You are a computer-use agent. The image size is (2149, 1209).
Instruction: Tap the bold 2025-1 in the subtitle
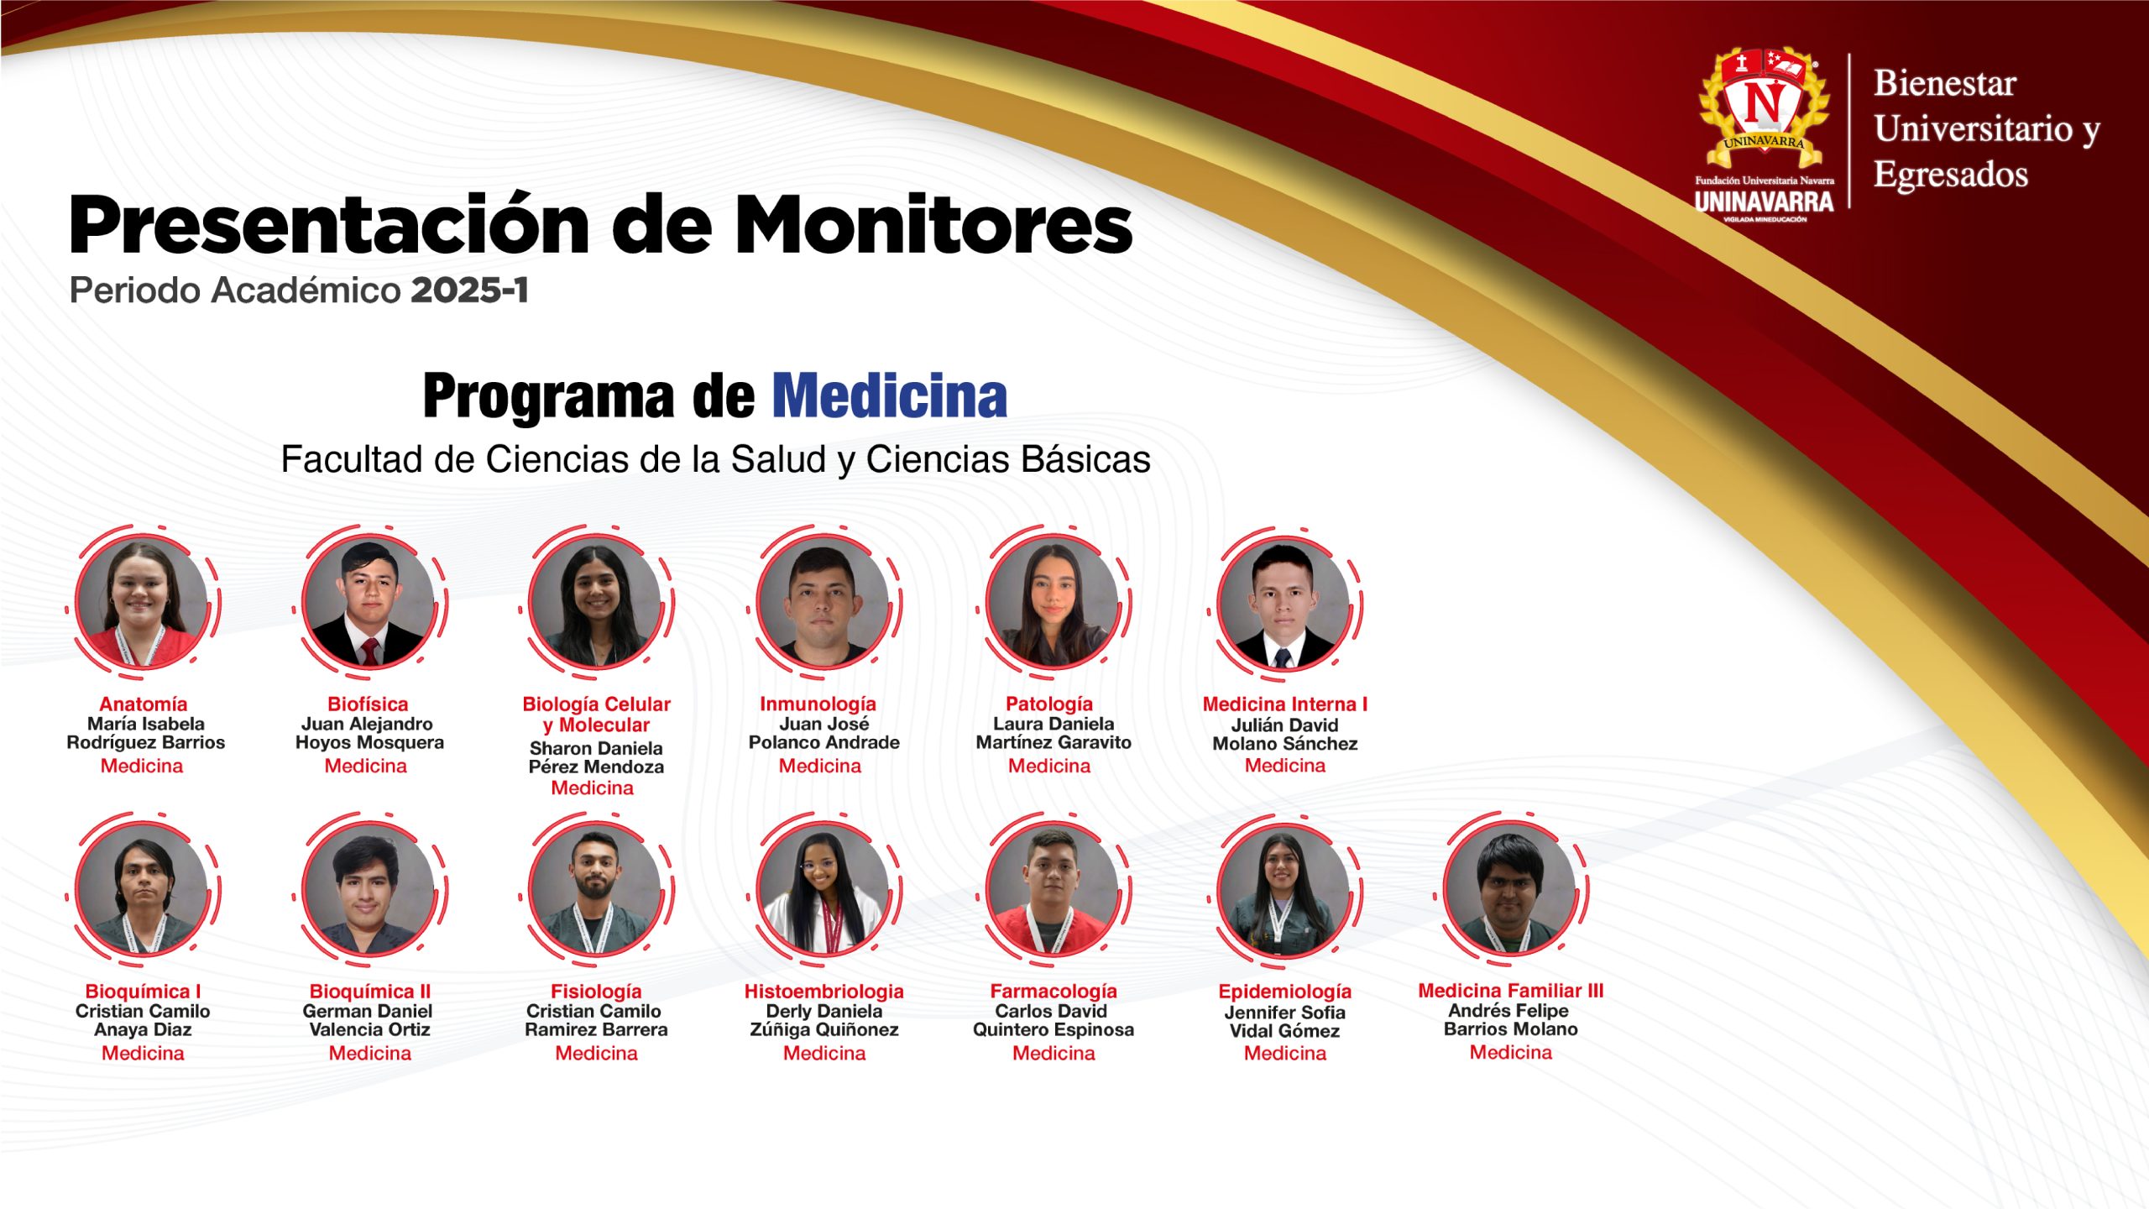[x=469, y=290]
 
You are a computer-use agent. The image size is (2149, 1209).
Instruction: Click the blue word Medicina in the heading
[x=889, y=395]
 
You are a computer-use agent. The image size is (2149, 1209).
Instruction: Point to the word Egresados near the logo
[x=1951, y=175]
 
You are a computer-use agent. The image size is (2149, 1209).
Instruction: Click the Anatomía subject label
[x=143, y=704]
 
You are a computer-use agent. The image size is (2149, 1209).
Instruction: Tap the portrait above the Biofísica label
[x=369, y=602]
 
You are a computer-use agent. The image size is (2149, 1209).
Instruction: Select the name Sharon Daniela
[x=596, y=748]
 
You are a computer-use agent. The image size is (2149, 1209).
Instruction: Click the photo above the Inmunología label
[x=823, y=602]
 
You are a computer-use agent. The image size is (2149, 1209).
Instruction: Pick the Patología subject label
[x=1049, y=704]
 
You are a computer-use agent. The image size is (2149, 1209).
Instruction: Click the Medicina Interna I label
[x=1284, y=704]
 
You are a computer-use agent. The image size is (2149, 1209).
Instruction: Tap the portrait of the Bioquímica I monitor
[x=141, y=889]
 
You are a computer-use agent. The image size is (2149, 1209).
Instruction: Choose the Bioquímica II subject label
[x=369, y=991]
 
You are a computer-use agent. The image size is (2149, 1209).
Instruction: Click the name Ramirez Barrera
[x=596, y=1029]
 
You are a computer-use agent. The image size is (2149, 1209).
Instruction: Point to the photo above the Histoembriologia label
[x=823, y=889]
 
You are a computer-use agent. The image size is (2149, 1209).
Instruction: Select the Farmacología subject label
[x=1054, y=991]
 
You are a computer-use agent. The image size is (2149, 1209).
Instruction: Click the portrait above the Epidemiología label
[x=1284, y=889]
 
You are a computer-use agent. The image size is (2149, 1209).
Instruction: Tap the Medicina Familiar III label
[x=1510, y=990]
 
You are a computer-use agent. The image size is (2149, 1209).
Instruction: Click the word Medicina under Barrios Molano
[x=1510, y=1052]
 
